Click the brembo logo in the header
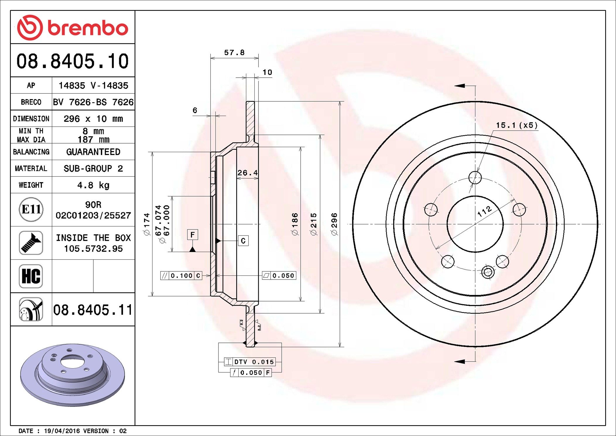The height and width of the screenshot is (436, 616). click(73, 28)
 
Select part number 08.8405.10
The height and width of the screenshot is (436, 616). click(73, 61)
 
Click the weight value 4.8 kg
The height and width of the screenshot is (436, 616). click(93, 185)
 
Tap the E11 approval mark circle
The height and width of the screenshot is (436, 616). click(31, 209)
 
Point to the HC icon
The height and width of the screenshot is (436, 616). click(31, 276)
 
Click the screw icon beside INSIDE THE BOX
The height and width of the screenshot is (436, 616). click(31, 243)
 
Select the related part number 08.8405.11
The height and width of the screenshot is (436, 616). click(93, 310)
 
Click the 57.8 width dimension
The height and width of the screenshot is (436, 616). click(234, 53)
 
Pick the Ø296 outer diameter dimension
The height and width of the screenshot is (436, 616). click(334, 224)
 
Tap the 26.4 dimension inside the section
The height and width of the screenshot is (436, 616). click(247, 173)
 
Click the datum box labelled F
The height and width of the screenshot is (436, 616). click(192, 235)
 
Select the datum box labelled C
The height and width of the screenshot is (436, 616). click(243, 241)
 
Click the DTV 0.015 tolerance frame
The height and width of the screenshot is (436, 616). click(250, 362)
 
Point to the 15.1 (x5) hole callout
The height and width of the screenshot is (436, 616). click(517, 125)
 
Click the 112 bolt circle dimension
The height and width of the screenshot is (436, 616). click(485, 211)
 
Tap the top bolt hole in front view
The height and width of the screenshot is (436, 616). click(475, 177)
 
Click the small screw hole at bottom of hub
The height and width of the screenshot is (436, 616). click(488, 272)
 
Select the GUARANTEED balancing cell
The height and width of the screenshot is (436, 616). click(93, 152)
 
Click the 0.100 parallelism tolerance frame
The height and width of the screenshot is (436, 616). click(181, 276)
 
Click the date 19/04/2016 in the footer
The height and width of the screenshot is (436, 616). click(62, 431)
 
